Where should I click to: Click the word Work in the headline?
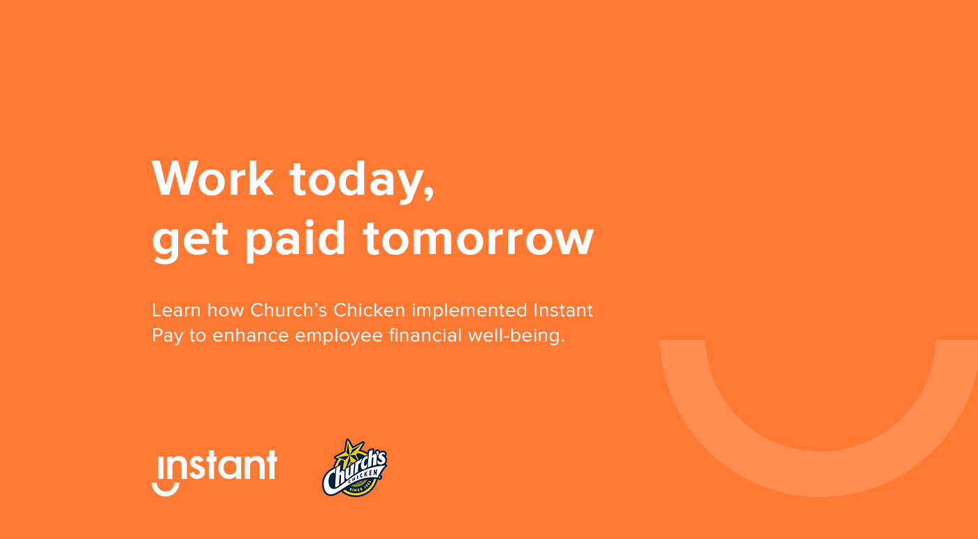pyautogui.click(x=212, y=179)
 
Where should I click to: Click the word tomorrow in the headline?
pyautogui.click(x=479, y=239)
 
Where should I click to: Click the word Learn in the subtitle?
pyautogui.click(x=176, y=310)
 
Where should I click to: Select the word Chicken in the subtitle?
pyautogui.click(x=370, y=310)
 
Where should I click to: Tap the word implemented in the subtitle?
pyautogui.click(x=469, y=312)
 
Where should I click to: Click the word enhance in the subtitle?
pyautogui.click(x=251, y=336)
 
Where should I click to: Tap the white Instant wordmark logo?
pyautogui.click(x=214, y=473)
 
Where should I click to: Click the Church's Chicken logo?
pyautogui.click(x=355, y=468)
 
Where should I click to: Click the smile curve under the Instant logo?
pyautogui.click(x=166, y=492)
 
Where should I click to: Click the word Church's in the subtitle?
pyautogui.click(x=289, y=310)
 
